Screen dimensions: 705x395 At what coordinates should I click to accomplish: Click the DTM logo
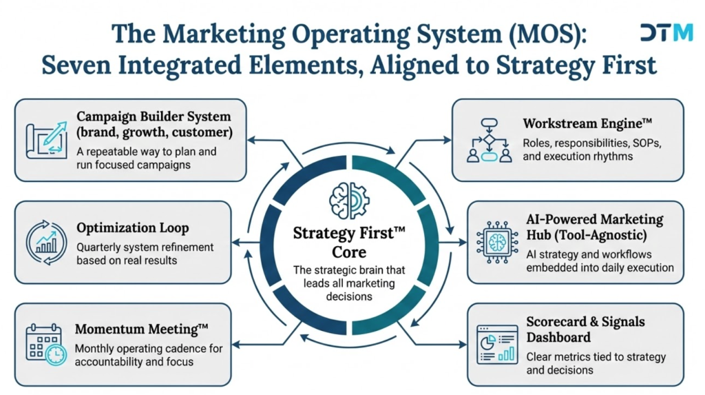(x=666, y=32)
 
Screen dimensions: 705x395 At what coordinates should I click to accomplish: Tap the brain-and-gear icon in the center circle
(x=349, y=201)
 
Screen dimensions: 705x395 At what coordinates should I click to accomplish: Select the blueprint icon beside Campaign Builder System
(x=47, y=140)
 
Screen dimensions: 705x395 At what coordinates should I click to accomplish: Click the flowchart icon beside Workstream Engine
(x=490, y=140)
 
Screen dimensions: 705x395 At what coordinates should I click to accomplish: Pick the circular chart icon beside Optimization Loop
(x=46, y=243)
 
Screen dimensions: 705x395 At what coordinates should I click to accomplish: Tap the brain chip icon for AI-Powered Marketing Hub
(x=497, y=243)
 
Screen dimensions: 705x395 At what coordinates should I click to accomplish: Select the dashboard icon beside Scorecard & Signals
(x=497, y=345)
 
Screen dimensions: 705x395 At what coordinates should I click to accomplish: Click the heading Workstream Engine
(x=587, y=123)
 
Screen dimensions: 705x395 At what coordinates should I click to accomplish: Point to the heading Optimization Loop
(x=133, y=228)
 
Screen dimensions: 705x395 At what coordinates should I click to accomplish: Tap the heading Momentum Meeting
(x=142, y=330)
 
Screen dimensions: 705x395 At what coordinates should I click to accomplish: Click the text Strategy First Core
(x=349, y=243)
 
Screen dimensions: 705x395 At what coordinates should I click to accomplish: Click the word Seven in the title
(x=76, y=65)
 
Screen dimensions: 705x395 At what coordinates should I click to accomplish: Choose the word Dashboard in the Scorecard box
(x=558, y=337)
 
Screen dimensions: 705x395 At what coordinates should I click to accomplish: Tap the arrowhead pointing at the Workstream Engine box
(x=448, y=140)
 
